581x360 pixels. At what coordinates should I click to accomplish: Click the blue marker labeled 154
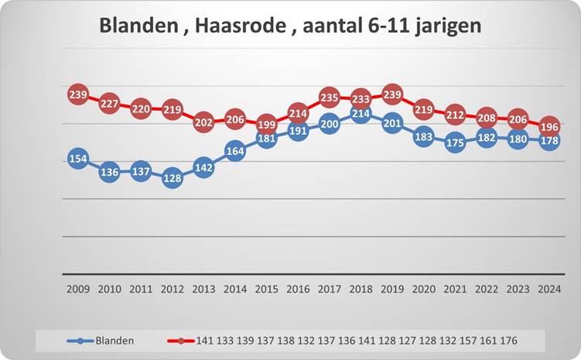pyautogui.click(x=77, y=159)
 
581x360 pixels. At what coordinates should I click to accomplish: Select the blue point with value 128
pyautogui.click(x=172, y=178)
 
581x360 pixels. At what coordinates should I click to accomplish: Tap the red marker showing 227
pyautogui.click(x=108, y=104)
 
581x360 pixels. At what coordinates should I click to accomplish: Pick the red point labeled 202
pyautogui.click(x=203, y=122)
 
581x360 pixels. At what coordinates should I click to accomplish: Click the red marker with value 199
pyautogui.click(x=266, y=124)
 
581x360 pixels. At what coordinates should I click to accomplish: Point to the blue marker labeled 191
pyautogui.click(x=298, y=131)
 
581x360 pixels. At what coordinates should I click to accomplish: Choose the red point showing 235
pyautogui.click(x=329, y=98)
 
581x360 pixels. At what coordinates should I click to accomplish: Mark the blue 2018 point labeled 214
pyautogui.click(x=361, y=114)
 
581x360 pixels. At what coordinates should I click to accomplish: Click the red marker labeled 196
pyautogui.click(x=549, y=126)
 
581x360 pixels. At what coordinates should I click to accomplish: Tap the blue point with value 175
pyautogui.click(x=455, y=142)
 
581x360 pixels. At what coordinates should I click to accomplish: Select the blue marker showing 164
pyautogui.click(x=235, y=151)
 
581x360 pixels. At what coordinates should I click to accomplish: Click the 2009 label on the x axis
pyautogui.click(x=77, y=289)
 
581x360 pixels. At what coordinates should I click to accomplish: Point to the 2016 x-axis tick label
pyautogui.click(x=298, y=289)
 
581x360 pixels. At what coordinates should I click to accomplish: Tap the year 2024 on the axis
pyautogui.click(x=549, y=289)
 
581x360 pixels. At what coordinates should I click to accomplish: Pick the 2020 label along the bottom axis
pyautogui.click(x=423, y=289)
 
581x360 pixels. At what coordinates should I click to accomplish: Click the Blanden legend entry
pyautogui.click(x=115, y=340)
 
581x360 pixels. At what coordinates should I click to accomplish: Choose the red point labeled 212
pyautogui.click(x=455, y=115)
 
